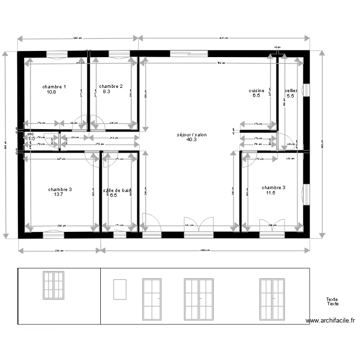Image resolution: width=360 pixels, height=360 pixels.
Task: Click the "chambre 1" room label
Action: [x=54, y=87]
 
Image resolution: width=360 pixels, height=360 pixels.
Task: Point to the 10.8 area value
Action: [x=52, y=92]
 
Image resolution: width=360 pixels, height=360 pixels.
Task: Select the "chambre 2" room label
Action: [x=111, y=86]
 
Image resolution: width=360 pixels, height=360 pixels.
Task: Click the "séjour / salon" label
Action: [x=192, y=135]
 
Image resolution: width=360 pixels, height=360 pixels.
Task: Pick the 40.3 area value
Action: [x=192, y=140]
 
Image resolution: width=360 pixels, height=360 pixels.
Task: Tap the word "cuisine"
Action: [x=256, y=91]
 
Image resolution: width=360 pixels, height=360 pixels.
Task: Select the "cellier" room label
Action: [x=291, y=91]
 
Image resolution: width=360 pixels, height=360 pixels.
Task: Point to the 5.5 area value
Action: [x=290, y=96]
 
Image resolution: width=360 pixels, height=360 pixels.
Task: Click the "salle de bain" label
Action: [x=117, y=191]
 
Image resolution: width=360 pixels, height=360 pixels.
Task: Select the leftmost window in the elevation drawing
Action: [x=53, y=285]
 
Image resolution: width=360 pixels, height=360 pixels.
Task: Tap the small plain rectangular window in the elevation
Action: [x=120, y=289]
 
